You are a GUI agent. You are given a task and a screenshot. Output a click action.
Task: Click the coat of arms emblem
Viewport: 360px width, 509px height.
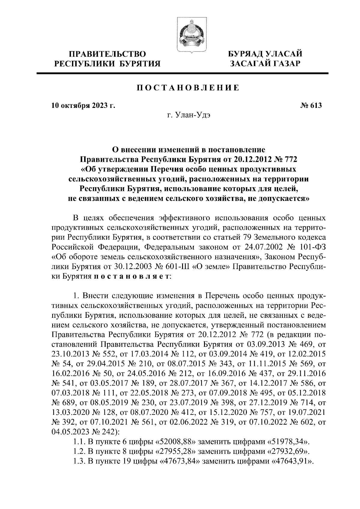tap(191, 35)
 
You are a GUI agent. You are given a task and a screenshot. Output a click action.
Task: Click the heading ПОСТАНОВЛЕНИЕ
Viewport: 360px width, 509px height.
tap(188, 88)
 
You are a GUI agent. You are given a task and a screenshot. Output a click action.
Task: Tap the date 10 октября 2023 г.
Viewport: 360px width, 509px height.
tap(83, 106)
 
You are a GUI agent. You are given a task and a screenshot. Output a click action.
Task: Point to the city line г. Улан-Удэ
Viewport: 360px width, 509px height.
tap(188, 116)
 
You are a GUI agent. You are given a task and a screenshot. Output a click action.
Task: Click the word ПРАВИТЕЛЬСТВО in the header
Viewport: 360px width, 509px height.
tap(108, 54)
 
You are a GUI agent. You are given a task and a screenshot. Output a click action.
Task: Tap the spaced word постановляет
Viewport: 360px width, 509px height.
tap(131, 276)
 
